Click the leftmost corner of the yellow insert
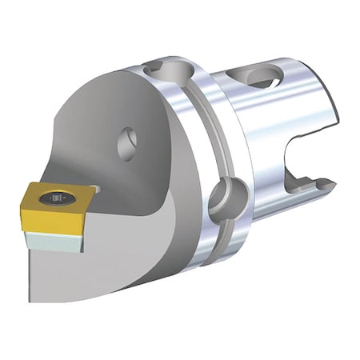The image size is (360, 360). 24,193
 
